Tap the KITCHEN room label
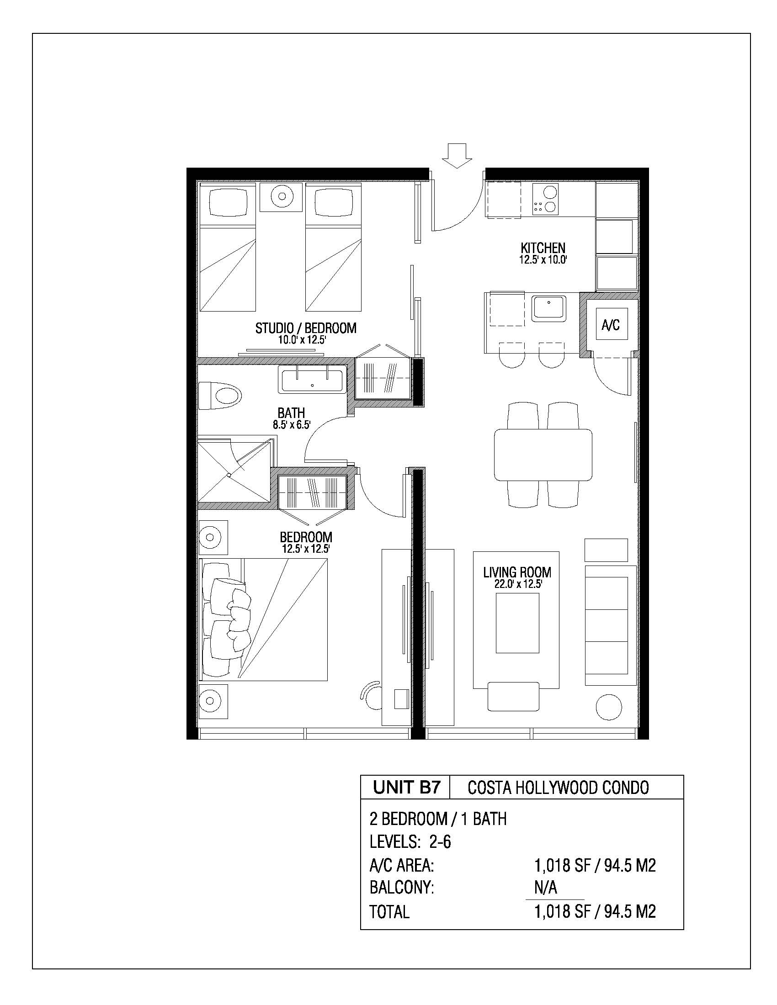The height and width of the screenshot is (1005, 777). click(x=543, y=248)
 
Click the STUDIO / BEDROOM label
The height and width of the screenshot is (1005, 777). click(x=306, y=328)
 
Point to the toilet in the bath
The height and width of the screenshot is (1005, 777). click(x=220, y=396)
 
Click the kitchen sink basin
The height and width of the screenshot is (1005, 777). click(x=548, y=308)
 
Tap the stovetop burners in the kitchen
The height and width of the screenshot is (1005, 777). click(x=545, y=198)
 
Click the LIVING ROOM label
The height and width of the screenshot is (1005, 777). click(x=517, y=572)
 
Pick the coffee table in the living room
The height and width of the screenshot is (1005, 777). click(x=517, y=623)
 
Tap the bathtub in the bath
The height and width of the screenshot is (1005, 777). click(x=312, y=379)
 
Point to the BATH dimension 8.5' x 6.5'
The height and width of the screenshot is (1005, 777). click(x=292, y=425)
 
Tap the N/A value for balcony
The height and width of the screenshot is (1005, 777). click(x=545, y=888)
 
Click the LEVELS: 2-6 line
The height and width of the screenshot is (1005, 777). click(x=410, y=841)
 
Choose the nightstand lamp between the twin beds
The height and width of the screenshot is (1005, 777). click(x=281, y=197)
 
